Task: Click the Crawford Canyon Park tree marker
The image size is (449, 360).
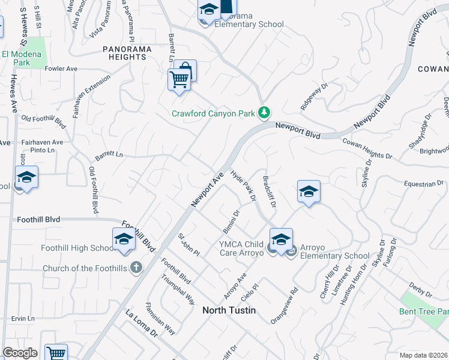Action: point(264,113)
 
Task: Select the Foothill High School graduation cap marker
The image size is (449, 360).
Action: point(123,239)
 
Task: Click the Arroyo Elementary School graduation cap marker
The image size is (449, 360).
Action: point(281,239)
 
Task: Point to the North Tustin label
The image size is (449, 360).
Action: point(229,310)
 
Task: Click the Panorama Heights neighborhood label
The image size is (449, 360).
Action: point(124,52)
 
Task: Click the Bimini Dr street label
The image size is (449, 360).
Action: point(235,222)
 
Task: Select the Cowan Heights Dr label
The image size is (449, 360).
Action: point(367,149)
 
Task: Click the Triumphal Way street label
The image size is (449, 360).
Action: point(178,290)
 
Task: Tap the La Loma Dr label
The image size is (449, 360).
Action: point(140,322)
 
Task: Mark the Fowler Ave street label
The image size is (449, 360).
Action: point(61,69)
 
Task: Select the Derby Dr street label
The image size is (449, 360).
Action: point(420,291)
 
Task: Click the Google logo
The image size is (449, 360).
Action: point(20,353)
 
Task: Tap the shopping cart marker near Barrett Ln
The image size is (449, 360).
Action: point(179,79)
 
